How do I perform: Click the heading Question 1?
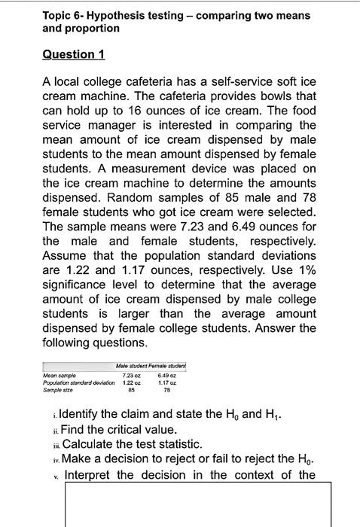pos(73,54)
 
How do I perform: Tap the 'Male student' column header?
pos(136,367)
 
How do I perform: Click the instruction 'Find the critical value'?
pos(132,429)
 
